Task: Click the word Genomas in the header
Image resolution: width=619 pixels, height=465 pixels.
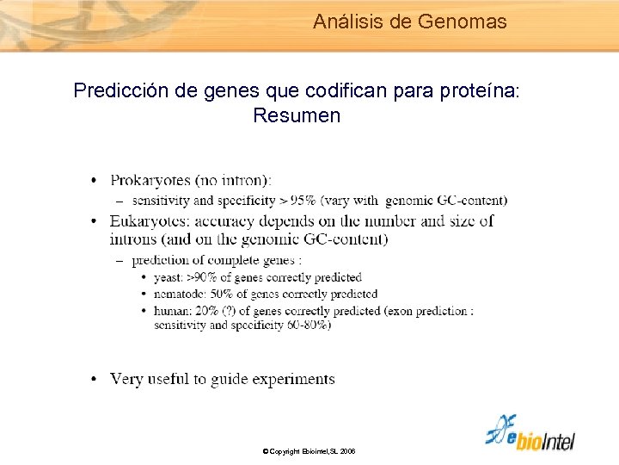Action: point(463,22)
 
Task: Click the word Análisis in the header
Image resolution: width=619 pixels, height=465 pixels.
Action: point(348,22)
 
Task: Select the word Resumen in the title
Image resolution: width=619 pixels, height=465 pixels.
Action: point(297,115)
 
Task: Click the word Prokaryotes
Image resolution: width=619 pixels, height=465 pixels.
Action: point(150,180)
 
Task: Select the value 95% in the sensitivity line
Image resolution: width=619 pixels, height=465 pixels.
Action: point(307,201)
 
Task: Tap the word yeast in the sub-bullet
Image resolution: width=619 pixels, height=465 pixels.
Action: point(169,277)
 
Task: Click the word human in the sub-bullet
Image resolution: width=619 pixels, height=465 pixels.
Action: point(172,310)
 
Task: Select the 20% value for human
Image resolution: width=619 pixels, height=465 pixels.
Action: point(212,310)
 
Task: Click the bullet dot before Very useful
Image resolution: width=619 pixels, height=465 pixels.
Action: point(94,379)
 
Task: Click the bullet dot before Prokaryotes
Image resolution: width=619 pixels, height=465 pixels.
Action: point(94,180)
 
